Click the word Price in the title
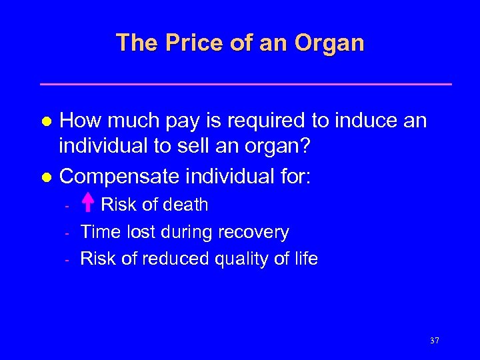[x=188, y=43]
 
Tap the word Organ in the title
[x=329, y=43]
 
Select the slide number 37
[x=435, y=341]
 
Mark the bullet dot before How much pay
[x=46, y=121]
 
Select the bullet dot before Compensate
[x=46, y=177]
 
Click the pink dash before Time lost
[x=68, y=233]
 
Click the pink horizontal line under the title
[x=246, y=84]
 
